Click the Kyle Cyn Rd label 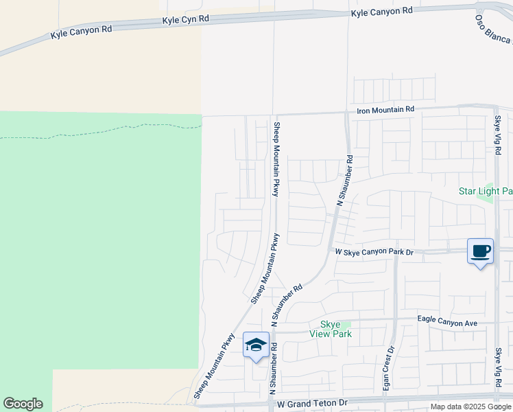tap(185, 21)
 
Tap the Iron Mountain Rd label tap(385, 109)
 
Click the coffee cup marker tap(480, 251)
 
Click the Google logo tap(23, 404)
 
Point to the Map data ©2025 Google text tap(471, 407)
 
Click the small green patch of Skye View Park tap(346, 324)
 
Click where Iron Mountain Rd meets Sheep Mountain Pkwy tap(274, 115)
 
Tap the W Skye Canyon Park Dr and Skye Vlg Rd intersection tap(497, 251)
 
